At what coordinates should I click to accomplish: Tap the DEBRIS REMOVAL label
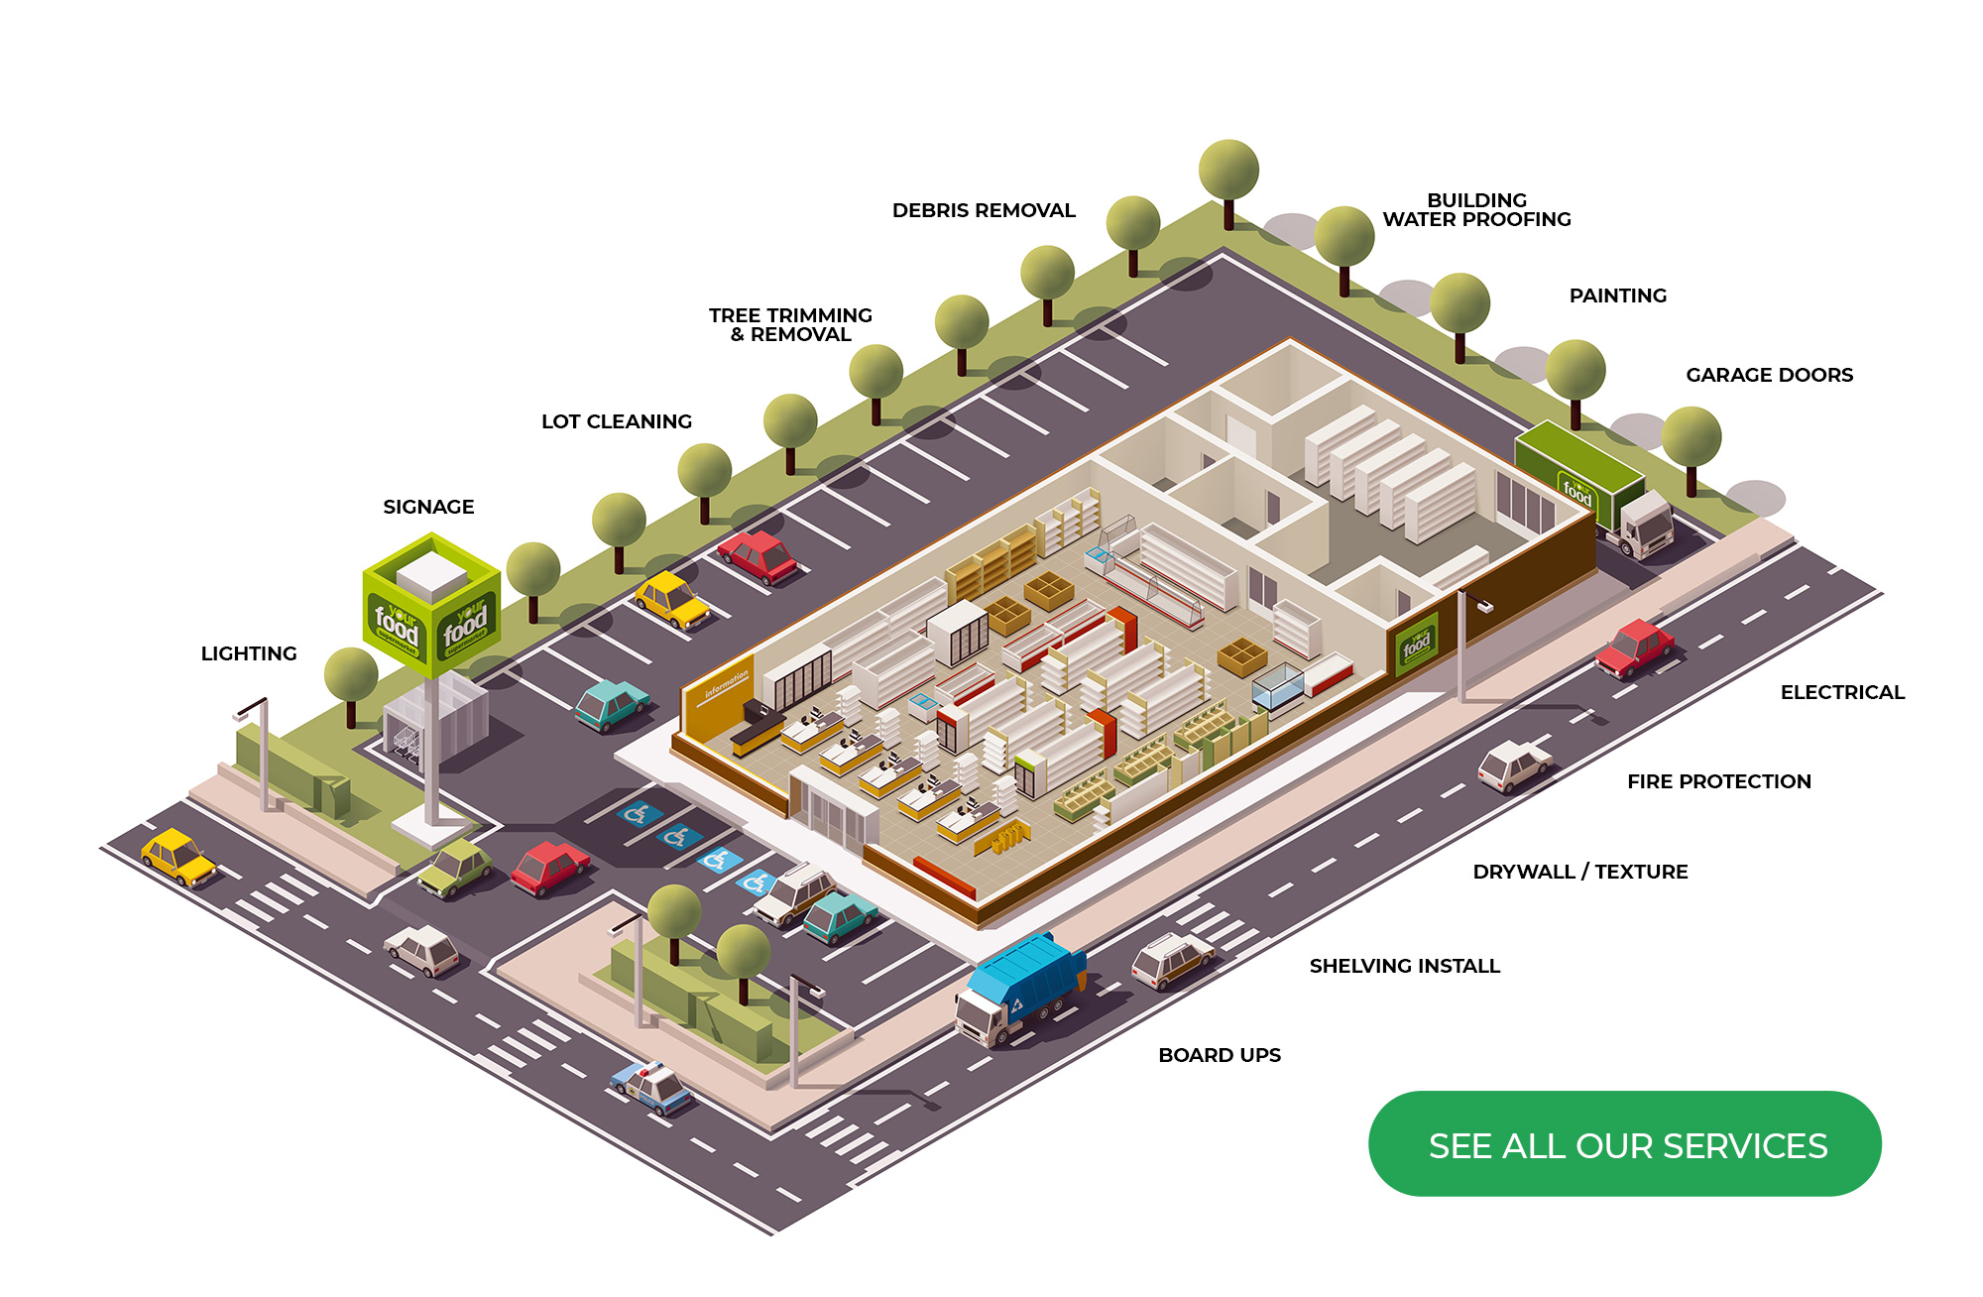pos(984,210)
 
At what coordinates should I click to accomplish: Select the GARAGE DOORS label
pos(1769,375)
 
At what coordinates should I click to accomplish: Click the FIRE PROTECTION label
pos(1718,781)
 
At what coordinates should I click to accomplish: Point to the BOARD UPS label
pos(1220,1055)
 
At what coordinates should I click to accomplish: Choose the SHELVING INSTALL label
pos(1404,966)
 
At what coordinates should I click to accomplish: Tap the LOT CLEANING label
pos(617,421)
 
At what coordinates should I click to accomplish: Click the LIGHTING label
pos(249,653)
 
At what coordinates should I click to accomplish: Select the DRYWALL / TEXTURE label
pos(1580,872)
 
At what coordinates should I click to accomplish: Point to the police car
pos(650,1087)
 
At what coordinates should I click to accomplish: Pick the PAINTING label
pos(1618,295)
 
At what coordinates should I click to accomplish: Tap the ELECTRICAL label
pos(1842,692)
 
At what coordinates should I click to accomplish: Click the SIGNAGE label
pos(428,507)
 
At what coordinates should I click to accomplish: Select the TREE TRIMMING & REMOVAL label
pos(790,325)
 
